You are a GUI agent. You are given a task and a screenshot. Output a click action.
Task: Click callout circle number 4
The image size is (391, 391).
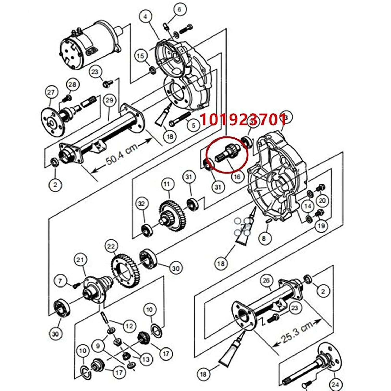(x=145, y=17)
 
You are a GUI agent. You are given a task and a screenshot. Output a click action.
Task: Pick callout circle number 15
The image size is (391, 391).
(x=140, y=56)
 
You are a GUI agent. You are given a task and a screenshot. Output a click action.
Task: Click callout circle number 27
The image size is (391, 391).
(x=51, y=92)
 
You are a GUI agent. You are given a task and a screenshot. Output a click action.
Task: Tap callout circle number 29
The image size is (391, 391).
(x=109, y=100)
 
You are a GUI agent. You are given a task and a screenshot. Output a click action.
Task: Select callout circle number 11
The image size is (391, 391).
(x=167, y=184)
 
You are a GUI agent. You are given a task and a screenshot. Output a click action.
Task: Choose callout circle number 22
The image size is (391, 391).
(x=111, y=246)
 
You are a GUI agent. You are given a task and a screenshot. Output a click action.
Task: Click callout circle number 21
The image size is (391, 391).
(x=80, y=260)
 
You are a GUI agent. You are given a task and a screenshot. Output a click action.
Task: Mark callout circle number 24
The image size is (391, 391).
(x=335, y=384)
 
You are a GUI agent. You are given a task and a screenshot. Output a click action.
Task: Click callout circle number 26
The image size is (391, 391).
(x=266, y=280)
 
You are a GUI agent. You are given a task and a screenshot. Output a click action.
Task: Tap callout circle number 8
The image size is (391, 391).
(x=264, y=238)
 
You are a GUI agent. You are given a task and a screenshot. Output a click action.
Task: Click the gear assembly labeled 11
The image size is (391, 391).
(x=169, y=214)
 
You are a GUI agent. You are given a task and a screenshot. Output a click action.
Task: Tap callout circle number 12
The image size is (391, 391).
(x=130, y=326)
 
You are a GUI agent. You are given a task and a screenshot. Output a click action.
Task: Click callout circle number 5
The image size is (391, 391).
(x=193, y=125)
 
